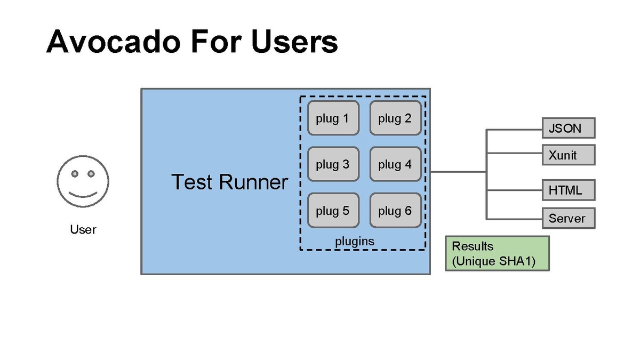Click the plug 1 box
333,118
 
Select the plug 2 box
395,118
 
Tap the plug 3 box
333,164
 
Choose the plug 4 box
395,164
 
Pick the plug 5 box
333,211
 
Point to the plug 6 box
395,211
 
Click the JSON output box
568,128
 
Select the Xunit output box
568,155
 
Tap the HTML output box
568,190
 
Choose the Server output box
568,218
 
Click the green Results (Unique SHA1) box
497,254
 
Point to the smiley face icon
83,181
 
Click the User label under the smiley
83,230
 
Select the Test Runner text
229,182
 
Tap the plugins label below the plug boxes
355,241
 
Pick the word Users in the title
294,41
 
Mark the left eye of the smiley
75,174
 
